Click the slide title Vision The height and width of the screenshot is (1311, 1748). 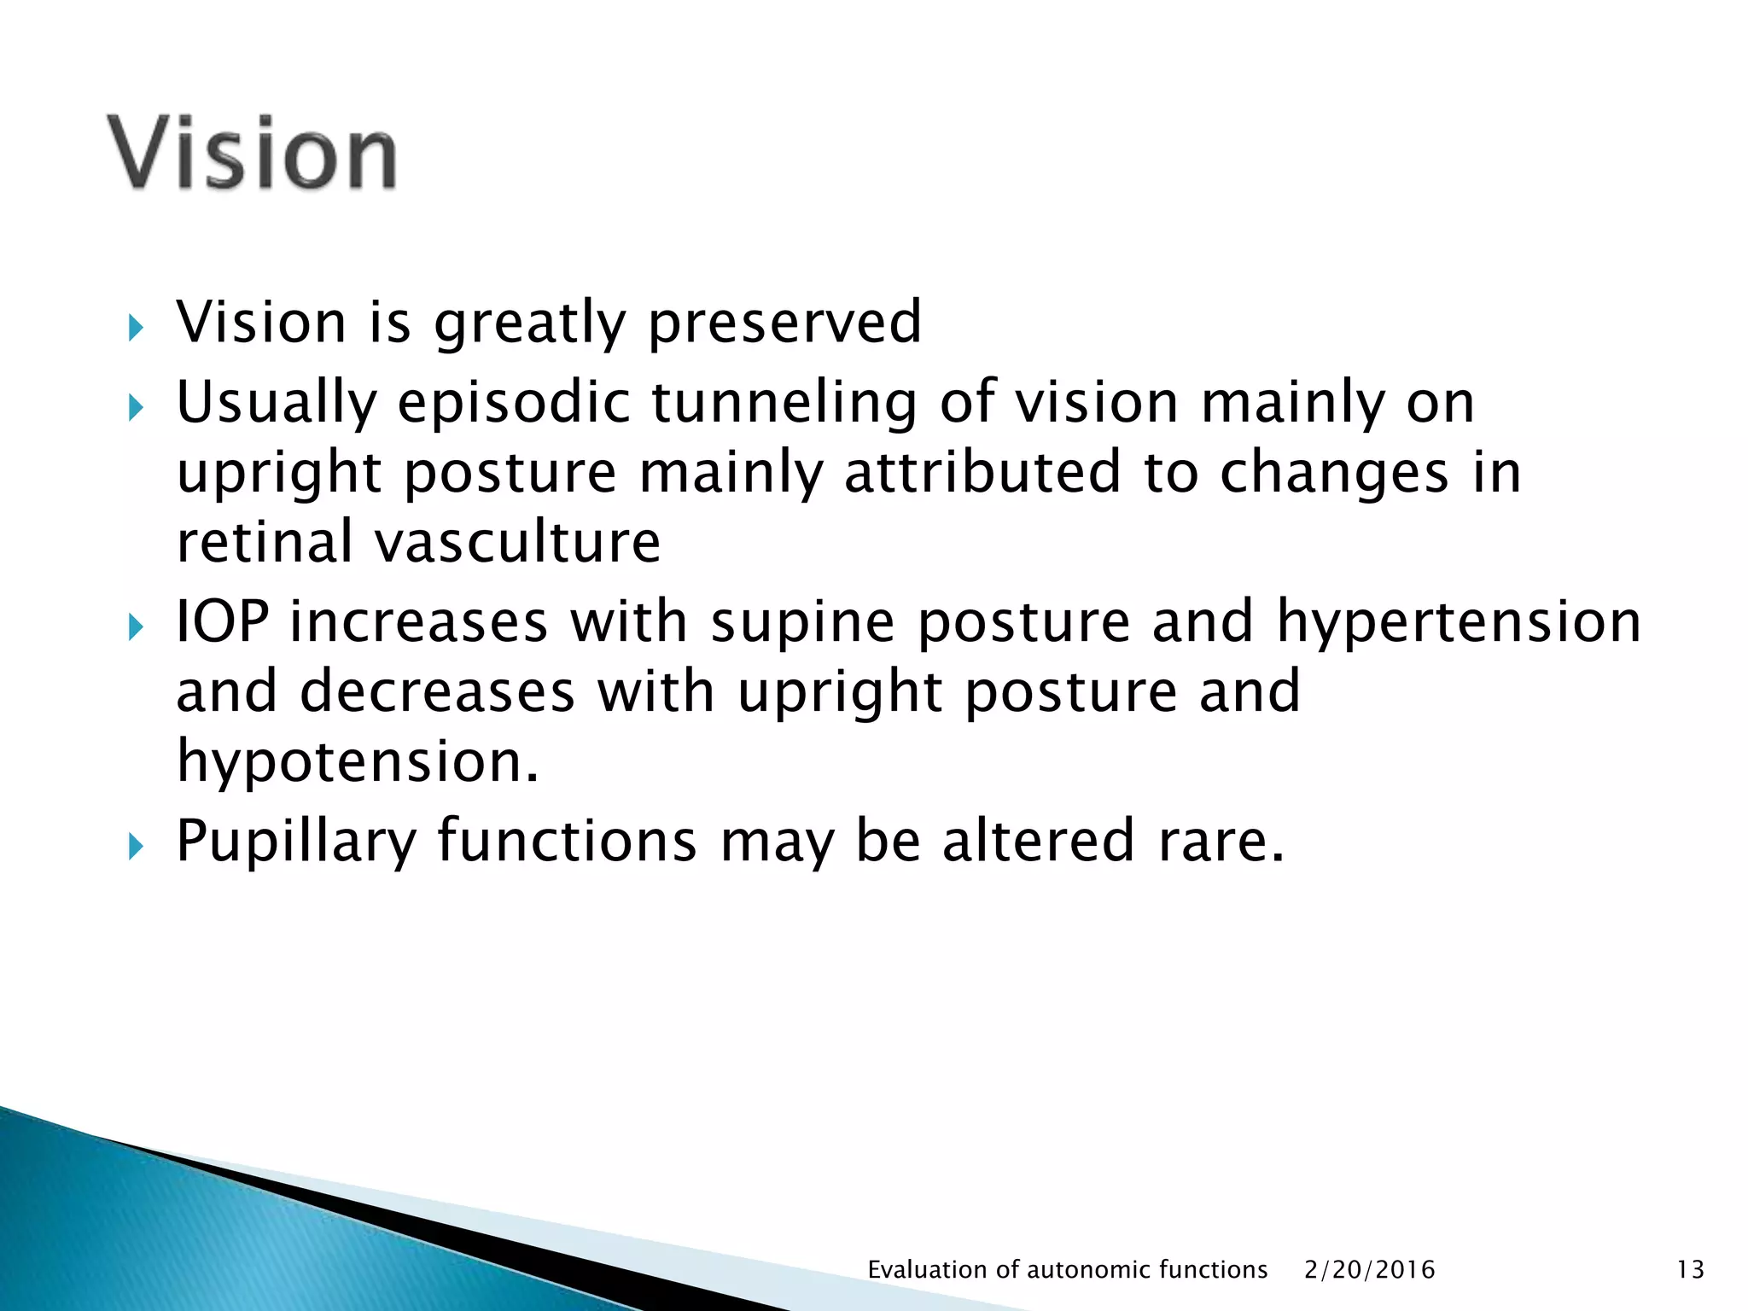pyautogui.click(x=252, y=154)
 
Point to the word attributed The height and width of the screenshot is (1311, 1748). pyautogui.click(x=982, y=473)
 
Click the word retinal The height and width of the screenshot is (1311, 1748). pyautogui.click(x=265, y=542)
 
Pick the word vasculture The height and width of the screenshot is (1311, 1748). pyautogui.click(x=518, y=542)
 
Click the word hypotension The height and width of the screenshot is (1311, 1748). pyautogui.click(x=358, y=761)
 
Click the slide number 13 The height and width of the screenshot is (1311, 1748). pyautogui.click(x=1690, y=1270)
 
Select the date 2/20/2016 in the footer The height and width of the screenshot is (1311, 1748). pyautogui.click(x=1369, y=1270)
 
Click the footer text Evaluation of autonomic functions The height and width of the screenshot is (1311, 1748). pyautogui.click(x=1067, y=1270)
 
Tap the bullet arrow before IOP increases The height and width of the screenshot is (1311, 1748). pyautogui.click(x=136, y=627)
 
